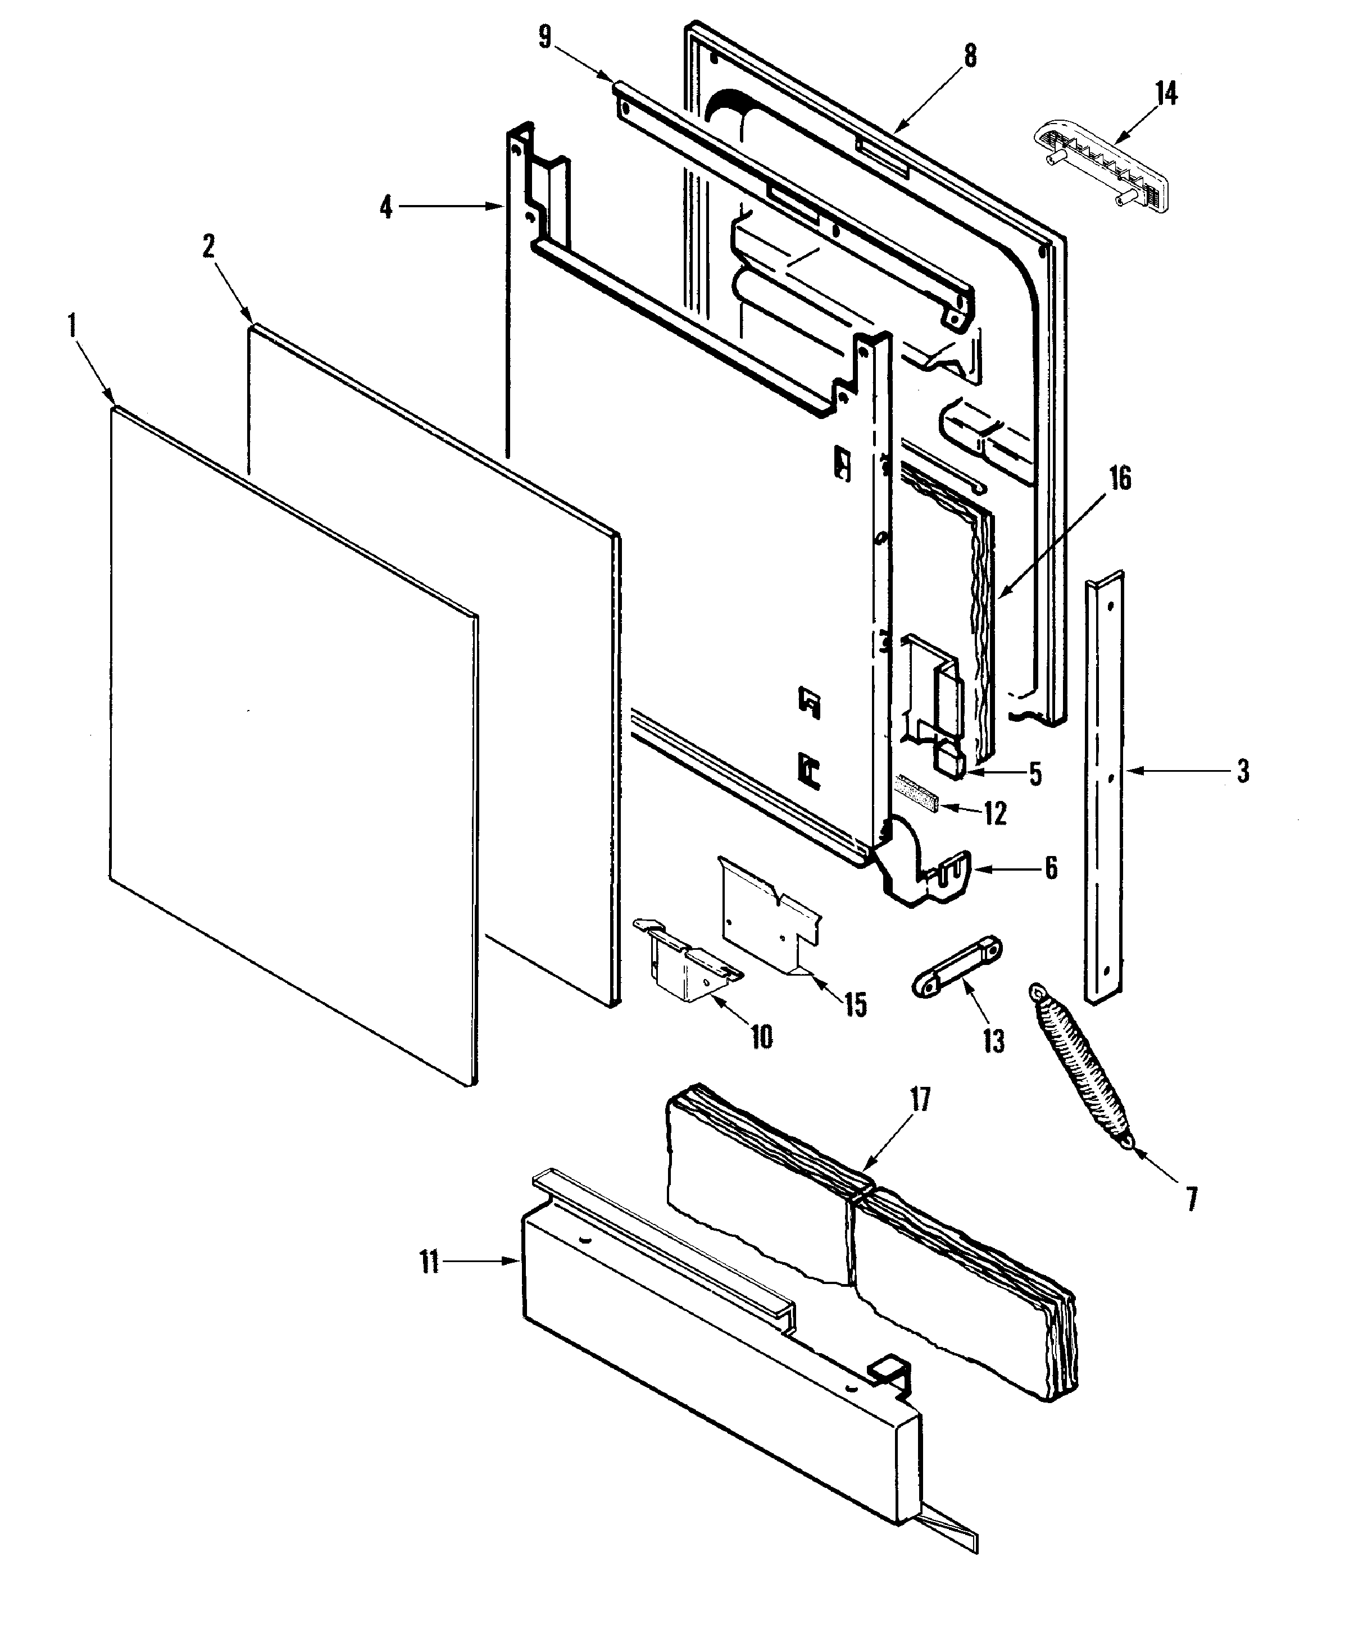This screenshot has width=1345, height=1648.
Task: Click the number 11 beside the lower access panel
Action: coord(429,1262)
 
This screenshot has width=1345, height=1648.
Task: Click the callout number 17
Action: coord(920,1100)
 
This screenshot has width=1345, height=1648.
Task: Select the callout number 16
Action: coord(1120,479)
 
